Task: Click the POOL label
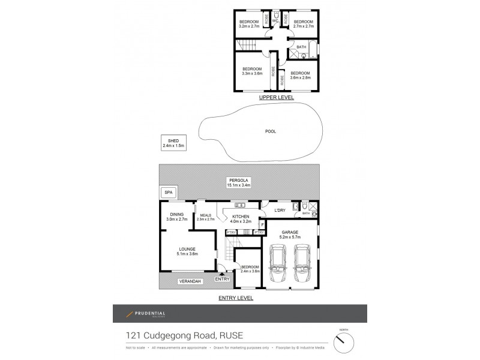271,131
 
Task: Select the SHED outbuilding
173,142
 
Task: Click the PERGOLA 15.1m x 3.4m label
238,182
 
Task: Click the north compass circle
344,342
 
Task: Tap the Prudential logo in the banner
146,314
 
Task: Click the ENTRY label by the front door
222,278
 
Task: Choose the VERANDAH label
190,281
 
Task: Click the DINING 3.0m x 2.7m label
177,217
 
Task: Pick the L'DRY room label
279,211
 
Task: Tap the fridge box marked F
262,224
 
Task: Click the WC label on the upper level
275,22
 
